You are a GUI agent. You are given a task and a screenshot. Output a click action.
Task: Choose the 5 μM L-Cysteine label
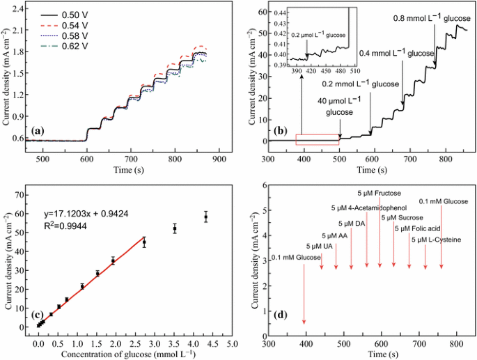click(435, 240)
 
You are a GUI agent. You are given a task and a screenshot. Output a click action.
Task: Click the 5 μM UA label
click(320, 246)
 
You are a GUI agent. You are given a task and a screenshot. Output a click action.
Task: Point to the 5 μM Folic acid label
click(418, 228)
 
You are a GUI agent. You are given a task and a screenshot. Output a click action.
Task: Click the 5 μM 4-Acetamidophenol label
click(367, 208)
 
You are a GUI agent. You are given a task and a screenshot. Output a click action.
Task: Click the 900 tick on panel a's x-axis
click(221, 159)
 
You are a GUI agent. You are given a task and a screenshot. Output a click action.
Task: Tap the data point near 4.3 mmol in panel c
click(205, 217)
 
